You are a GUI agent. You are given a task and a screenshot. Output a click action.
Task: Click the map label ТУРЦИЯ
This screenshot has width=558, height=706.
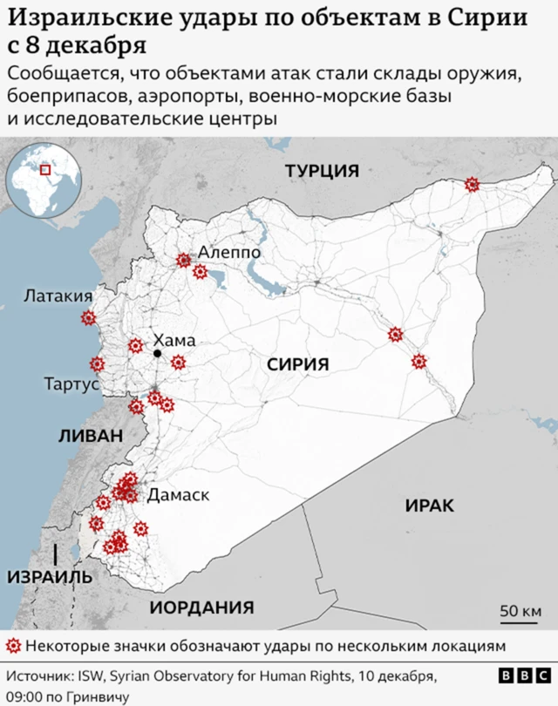(x=322, y=171)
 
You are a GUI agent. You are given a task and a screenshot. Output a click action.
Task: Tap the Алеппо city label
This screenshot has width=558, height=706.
(x=229, y=252)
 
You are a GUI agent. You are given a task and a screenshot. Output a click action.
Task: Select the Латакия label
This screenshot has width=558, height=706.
(x=58, y=296)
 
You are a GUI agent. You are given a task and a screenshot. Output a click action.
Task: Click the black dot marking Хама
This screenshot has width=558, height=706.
(x=158, y=354)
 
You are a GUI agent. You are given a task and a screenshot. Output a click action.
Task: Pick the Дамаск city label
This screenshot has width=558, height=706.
(x=179, y=495)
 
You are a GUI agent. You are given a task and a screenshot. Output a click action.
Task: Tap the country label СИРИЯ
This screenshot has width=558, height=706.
(x=297, y=365)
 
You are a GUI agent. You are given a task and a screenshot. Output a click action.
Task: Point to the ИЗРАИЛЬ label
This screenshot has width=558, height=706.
(x=50, y=577)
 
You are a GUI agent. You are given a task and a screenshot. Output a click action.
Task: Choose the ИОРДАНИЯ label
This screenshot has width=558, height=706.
(x=201, y=608)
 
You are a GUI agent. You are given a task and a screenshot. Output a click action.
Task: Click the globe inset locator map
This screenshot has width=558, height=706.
(x=42, y=182)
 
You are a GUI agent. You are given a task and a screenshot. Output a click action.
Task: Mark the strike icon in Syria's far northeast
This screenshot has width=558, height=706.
(x=472, y=184)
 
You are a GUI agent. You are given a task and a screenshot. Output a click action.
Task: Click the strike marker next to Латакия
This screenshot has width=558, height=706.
(x=87, y=319)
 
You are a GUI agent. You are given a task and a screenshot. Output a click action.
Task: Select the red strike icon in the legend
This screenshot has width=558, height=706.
(x=13, y=646)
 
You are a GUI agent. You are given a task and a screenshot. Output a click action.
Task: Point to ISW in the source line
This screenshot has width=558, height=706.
(x=92, y=676)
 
